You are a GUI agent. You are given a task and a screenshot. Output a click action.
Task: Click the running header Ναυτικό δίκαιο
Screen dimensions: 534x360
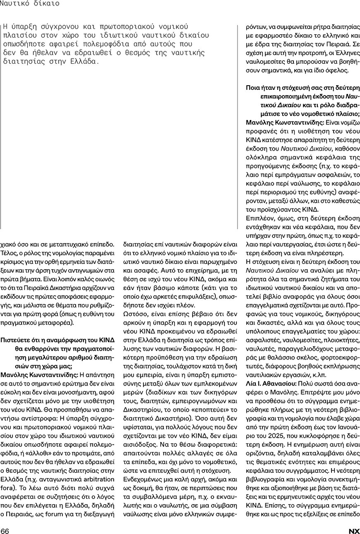(x=29, y=4)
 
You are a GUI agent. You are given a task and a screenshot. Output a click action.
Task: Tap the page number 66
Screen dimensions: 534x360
(x=5, y=531)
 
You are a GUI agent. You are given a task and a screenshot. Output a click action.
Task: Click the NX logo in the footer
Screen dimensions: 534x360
(x=354, y=531)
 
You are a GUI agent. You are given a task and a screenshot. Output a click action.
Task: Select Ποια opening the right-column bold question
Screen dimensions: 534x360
(x=253, y=88)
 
